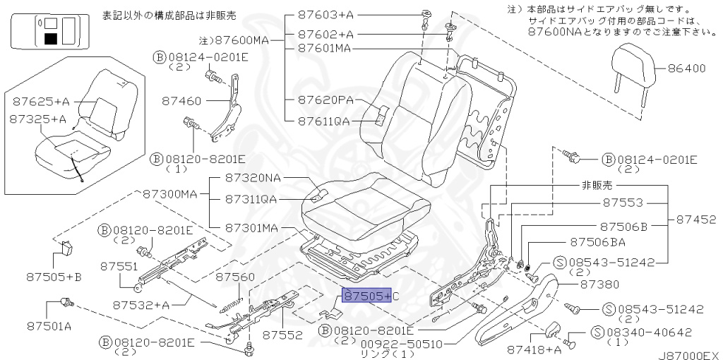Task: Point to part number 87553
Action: tap(623, 203)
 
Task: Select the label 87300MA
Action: tap(170, 193)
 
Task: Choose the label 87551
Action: tap(118, 266)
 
